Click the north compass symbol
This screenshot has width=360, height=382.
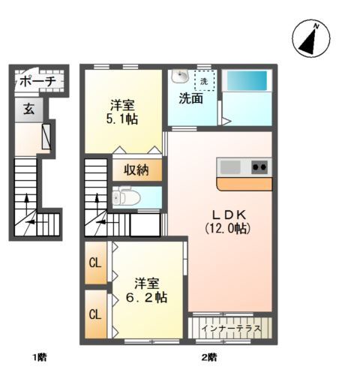311,38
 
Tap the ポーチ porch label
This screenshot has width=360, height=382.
37,81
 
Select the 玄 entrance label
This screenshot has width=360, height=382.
29,110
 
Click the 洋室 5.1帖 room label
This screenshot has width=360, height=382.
122,112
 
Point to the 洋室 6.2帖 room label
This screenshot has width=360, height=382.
146,290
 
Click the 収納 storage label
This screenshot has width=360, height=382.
136,170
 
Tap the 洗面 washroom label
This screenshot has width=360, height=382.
190,98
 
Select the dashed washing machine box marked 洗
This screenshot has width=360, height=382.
205,80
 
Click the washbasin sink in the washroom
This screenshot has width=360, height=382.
180,76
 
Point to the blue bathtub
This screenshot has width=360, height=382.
247,80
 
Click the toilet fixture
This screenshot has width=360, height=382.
126,197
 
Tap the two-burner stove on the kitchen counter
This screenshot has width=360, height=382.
259,167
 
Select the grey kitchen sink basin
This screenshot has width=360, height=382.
230,167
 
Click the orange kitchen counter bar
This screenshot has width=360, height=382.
244,184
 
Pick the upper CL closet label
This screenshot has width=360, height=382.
95,263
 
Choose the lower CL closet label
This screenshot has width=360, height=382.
95,314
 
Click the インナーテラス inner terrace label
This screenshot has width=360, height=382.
231,328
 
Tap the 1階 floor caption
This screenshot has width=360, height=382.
40,357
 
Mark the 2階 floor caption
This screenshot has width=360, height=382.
209,357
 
